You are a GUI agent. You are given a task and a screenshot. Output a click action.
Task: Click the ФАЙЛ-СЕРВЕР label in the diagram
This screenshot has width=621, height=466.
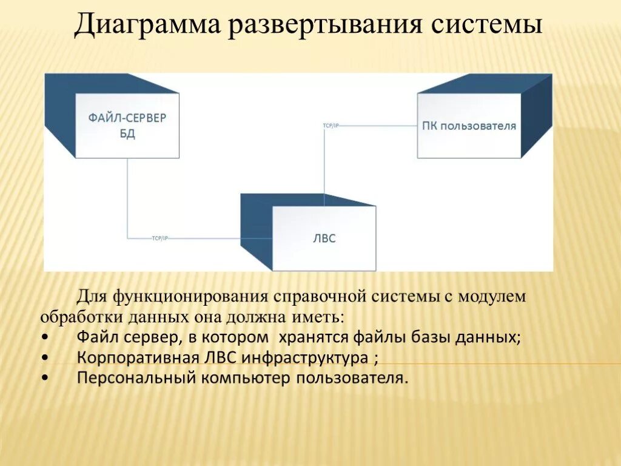click(x=127, y=118)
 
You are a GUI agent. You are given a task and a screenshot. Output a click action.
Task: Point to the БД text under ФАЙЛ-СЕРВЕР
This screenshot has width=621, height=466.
click(x=127, y=133)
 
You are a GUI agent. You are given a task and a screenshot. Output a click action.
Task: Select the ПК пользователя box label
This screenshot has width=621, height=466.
click(x=469, y=126)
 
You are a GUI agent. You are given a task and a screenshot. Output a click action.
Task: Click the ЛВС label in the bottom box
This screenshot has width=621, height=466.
click(x=325, y=238)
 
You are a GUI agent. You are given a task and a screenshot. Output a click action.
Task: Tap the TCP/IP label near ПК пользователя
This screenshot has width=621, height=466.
click(x=331, y=125)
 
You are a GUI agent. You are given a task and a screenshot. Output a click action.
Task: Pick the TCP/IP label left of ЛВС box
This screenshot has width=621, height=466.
click(x=160, y=238)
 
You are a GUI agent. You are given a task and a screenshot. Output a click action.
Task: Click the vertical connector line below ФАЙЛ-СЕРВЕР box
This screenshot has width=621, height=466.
click(x=127, y=194)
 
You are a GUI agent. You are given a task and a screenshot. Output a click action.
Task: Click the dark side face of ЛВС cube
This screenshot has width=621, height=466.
click(x=256, y=234)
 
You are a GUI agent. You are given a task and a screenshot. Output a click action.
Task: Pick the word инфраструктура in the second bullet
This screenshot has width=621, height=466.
click(x=304, y=358)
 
